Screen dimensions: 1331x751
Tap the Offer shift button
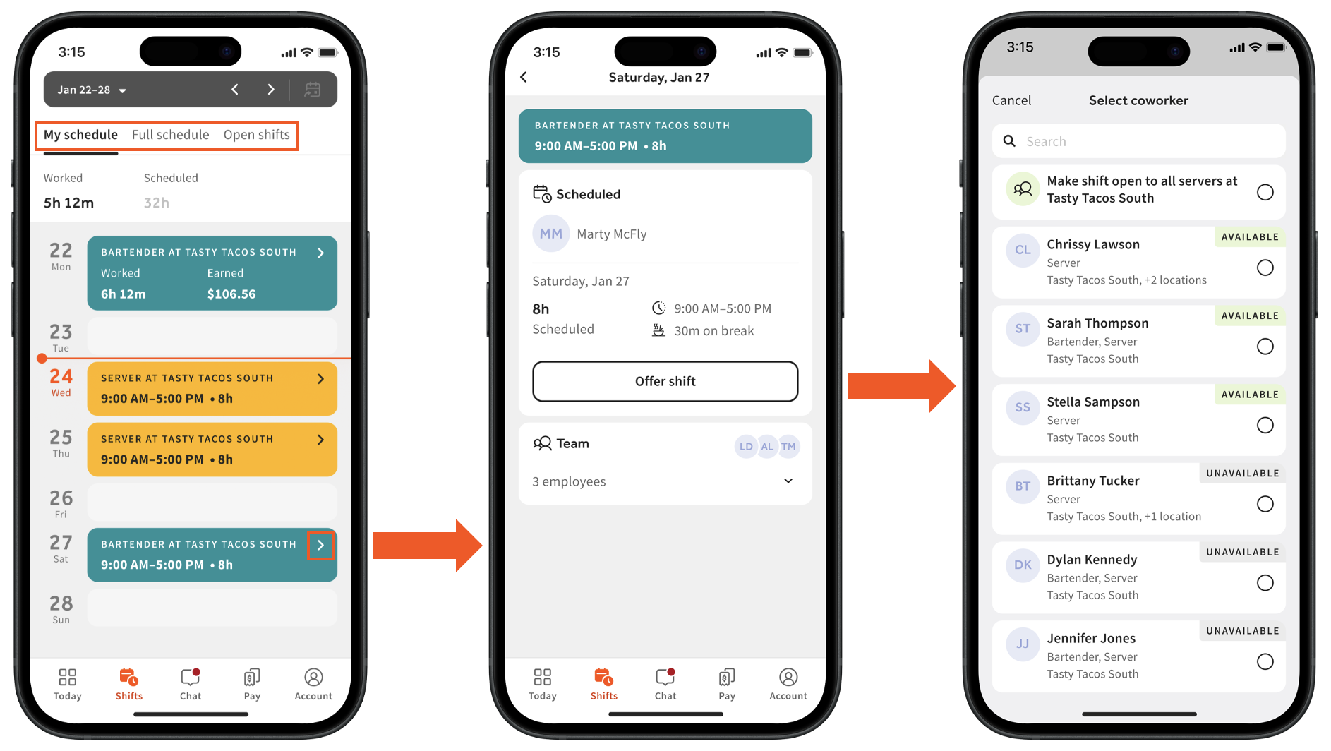665,381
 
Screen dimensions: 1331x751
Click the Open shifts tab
257,135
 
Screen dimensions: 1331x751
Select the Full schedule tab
171,135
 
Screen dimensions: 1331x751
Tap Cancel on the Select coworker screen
1011,100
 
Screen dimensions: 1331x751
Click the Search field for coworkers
1138,141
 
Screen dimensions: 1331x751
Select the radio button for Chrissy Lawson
1265,268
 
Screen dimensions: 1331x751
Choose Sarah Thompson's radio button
1265,347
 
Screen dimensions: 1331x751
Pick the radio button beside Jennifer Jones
1265,661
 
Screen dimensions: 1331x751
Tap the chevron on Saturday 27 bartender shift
320,545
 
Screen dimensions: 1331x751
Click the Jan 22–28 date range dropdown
92,90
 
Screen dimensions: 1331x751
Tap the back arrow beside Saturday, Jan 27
524,77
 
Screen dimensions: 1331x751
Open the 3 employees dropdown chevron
788,481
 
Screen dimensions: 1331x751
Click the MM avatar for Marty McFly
551,234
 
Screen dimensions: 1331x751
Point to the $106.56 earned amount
231,294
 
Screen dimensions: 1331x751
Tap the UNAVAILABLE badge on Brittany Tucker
1242,473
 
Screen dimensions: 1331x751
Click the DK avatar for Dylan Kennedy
1023,565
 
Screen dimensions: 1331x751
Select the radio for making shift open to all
1265,192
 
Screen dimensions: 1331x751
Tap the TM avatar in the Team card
788,446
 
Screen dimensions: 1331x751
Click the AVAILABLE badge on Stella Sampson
1250,395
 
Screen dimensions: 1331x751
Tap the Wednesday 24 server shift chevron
320,379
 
